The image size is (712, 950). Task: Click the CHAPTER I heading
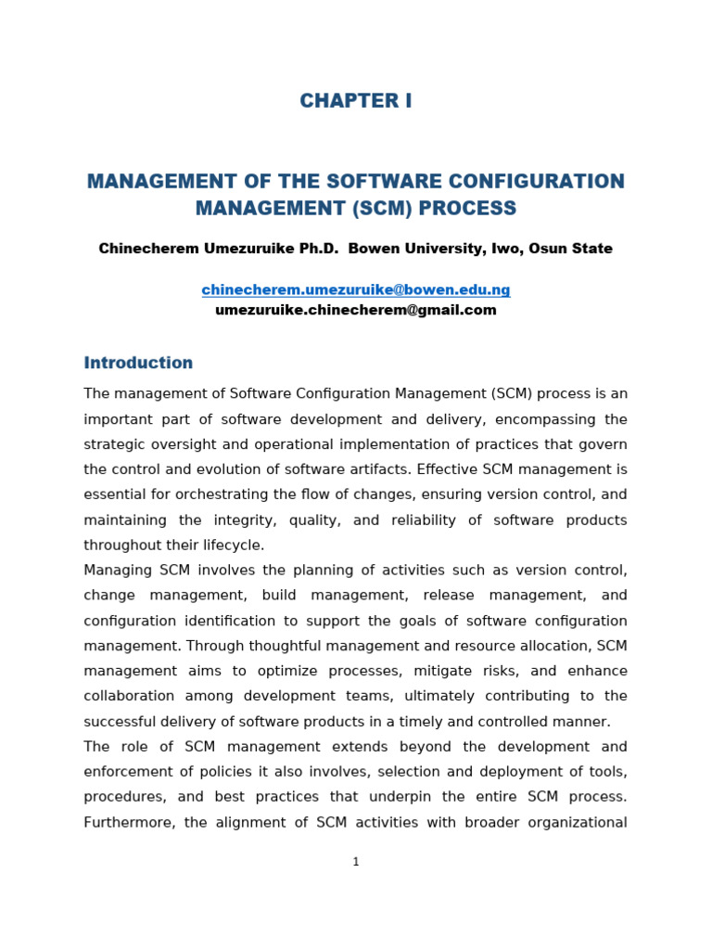click(356, 102)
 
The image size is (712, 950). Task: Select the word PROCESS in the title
click(466, 209)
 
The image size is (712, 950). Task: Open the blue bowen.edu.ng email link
click(356, 290)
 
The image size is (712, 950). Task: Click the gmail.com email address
click(356, 311)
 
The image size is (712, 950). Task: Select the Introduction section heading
click(138, 363)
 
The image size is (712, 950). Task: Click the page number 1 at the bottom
click(356, 862)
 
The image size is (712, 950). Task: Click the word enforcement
click(130, 772)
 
